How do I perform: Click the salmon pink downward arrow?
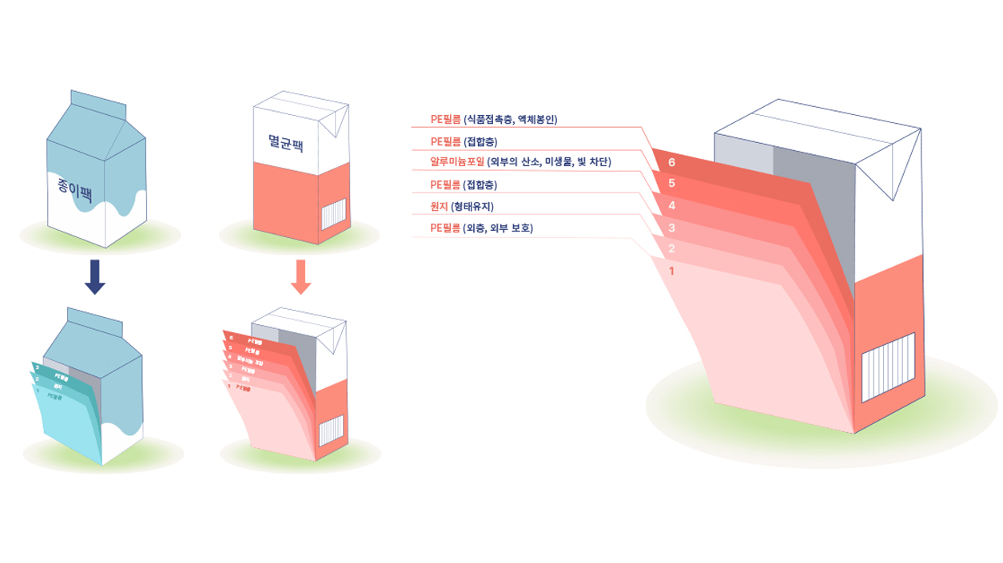tap(301, 276)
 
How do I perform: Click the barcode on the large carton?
tap(888, 368)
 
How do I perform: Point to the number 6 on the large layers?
tap(672, 163)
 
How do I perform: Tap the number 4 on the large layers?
tap(672, 206)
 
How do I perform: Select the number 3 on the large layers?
tap(672, 228)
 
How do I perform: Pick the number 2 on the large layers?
tap(672, 249)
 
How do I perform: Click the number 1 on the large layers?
tap(672, 271)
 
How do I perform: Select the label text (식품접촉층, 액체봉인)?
tap(511, 120)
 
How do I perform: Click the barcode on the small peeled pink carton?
tap(331, 431)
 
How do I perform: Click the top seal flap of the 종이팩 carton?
tap(98, 101)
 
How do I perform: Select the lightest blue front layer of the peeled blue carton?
tap(68, 423)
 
